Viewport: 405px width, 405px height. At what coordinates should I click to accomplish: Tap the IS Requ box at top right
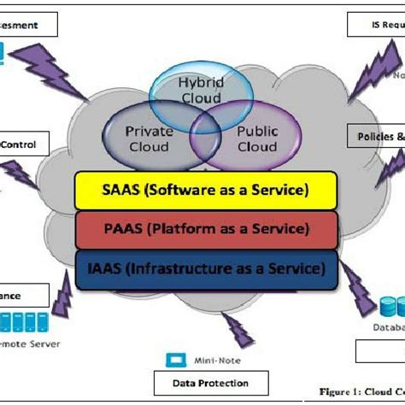(x=376, y=25)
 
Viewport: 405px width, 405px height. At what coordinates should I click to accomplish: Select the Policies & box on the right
(x=377, y=136)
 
